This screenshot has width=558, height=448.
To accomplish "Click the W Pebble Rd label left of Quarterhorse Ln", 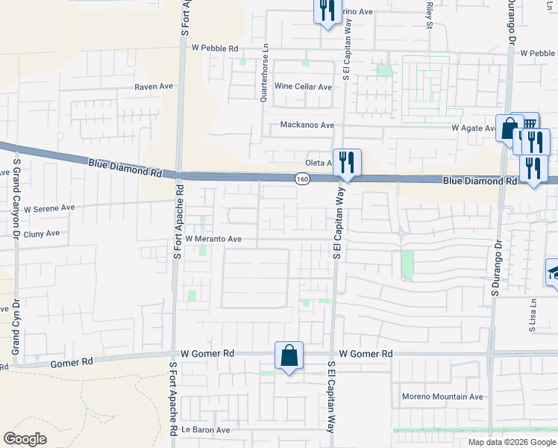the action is click(215, 48).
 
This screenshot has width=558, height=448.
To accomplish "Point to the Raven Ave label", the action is click(154, 87).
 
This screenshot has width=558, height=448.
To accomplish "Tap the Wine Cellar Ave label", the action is click(303, 87).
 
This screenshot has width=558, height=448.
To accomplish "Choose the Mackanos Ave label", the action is click(307, 125).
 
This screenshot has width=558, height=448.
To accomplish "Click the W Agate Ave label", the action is click(474, 128).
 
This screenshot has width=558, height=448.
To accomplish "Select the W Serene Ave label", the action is click(49, 208).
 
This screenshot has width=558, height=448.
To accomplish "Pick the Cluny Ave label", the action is click(42, 233).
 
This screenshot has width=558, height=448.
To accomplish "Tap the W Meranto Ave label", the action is click(213, 239).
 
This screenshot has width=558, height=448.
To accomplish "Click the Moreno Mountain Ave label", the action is click(442, 396).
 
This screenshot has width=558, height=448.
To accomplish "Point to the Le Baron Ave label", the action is click(205, 430).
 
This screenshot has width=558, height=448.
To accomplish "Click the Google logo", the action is click(25, 439).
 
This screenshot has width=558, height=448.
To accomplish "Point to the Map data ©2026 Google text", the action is click(512, 442).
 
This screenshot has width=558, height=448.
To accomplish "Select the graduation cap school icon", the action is click(553, 272).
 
